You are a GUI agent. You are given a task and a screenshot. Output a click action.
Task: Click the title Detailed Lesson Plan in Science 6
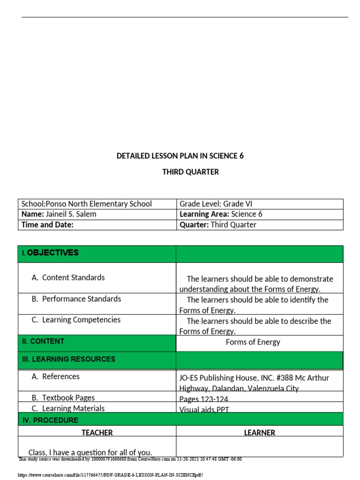[180, 156]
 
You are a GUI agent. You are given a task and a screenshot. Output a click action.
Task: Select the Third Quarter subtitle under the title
[190, 172]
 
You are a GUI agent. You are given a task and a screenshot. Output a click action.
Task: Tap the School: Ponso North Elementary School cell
[87, 204]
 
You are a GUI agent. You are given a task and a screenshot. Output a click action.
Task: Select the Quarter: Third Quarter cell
[218, 225]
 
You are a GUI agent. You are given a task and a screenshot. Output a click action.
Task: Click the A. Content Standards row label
[68, 277]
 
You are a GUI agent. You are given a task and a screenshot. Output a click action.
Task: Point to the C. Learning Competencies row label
[76, 320]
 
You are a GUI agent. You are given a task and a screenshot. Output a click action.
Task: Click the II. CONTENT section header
[43, 341]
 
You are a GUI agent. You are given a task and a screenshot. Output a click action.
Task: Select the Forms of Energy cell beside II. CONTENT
[253, 342]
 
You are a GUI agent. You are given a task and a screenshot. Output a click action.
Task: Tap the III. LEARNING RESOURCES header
[68, 359]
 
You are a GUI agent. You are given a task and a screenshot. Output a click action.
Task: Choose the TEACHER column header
[97, 433]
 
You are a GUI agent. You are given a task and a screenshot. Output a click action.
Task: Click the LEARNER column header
[259, 433]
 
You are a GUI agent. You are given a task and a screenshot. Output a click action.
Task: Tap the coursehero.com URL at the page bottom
[111, 475]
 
